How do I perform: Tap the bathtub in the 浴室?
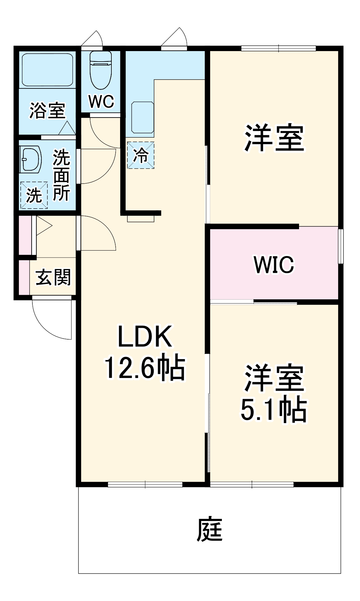pyautogui.click(x=47, y=70)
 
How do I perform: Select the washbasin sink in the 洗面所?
pyautogui.click(x=30, y=159)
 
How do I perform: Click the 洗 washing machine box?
pyautogui.click(x=34, y=195)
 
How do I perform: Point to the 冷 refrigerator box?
pyautogui.click(x=141, y=155)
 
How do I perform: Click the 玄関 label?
pyautogui.click(x=53, y=277)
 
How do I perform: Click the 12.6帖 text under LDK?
pyautogui.click(x=145, y=367)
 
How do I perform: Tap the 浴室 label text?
pyautogui.click(x=47, y=110)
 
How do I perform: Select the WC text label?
pyautogui.click(x=101, y=102)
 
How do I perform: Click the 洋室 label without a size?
pyautogui.click(x=274, y=138)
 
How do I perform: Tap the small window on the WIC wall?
pyautogui.click(x=340, y=246)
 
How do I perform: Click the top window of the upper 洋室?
pyautogui.click(x=278, y=48)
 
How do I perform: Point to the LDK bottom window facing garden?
pyautogui.click(x=145, y=484)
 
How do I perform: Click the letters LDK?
pyautogui.click(x=145, y=337)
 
